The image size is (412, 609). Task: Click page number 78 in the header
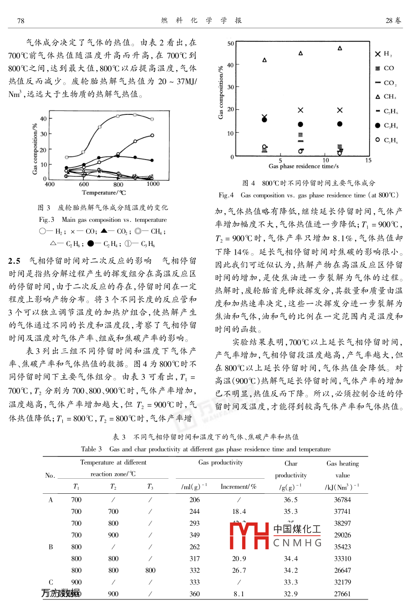point(20,20)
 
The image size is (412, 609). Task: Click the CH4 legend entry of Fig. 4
point(386,97)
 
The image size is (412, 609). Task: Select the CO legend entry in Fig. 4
point(385,68)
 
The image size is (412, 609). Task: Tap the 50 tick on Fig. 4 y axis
point(231,44)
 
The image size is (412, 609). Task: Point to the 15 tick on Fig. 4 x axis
point(368,160)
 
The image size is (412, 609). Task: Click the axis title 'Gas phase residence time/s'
point(304,166)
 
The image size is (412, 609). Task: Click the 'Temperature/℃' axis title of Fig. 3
point(104,193)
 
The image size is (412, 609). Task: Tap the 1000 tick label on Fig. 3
point(153,184)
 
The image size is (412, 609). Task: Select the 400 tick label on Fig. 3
point(49,184)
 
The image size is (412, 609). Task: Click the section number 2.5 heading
point(15,261)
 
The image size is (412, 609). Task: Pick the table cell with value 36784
point(342,500)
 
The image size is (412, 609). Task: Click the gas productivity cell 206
point(194,500)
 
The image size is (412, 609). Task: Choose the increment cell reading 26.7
point(239,570)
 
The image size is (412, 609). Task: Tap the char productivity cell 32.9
point(291,594)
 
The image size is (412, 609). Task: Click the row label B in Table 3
point(51,547)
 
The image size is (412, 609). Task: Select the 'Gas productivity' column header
point(221,463)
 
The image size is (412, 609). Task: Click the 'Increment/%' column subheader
point(239,487)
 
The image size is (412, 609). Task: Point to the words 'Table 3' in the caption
point(92,449)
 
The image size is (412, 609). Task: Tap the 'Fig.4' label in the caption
point(226,195)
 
